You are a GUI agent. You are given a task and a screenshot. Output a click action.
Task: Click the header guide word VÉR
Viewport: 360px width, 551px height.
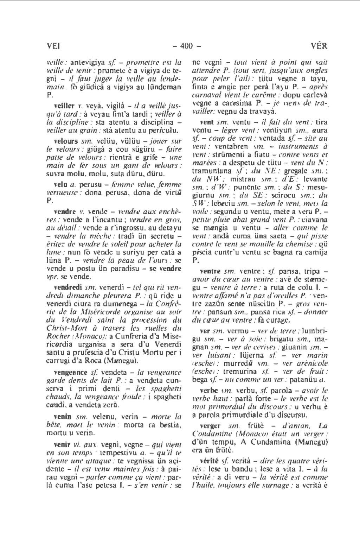319,46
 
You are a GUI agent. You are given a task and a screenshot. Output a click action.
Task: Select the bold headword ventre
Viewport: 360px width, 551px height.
209,271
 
